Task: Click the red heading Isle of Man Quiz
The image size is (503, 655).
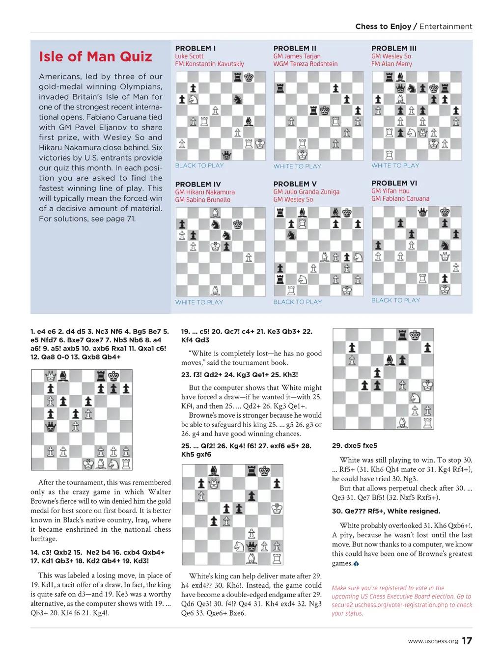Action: click(95, 57)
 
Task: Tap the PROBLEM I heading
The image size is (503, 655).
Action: click(196, 48)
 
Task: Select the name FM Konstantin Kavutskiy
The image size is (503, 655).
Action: click(209, 64)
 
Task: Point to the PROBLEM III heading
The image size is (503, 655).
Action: click(394, 48)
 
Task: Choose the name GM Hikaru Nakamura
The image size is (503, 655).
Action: click(205, 192)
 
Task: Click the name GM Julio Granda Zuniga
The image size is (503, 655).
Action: click(307, 191)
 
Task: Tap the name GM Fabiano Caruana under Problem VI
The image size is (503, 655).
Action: click(400, 198)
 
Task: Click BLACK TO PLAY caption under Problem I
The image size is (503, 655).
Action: click(199, 165)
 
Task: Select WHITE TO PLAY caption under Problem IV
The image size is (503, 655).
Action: click(199, 302)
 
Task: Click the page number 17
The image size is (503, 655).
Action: click(467, 641)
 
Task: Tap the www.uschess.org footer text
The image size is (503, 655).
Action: click(433, 641)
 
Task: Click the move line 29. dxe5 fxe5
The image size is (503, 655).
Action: click(355, 445)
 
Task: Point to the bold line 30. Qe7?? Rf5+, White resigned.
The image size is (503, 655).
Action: click(386, 511)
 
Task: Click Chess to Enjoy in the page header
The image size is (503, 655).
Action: click(383, 27)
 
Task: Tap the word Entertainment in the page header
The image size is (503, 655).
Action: click(446, 27)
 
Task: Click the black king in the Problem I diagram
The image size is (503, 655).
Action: click(249, 77)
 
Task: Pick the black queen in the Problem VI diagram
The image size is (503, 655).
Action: click(422, 212)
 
